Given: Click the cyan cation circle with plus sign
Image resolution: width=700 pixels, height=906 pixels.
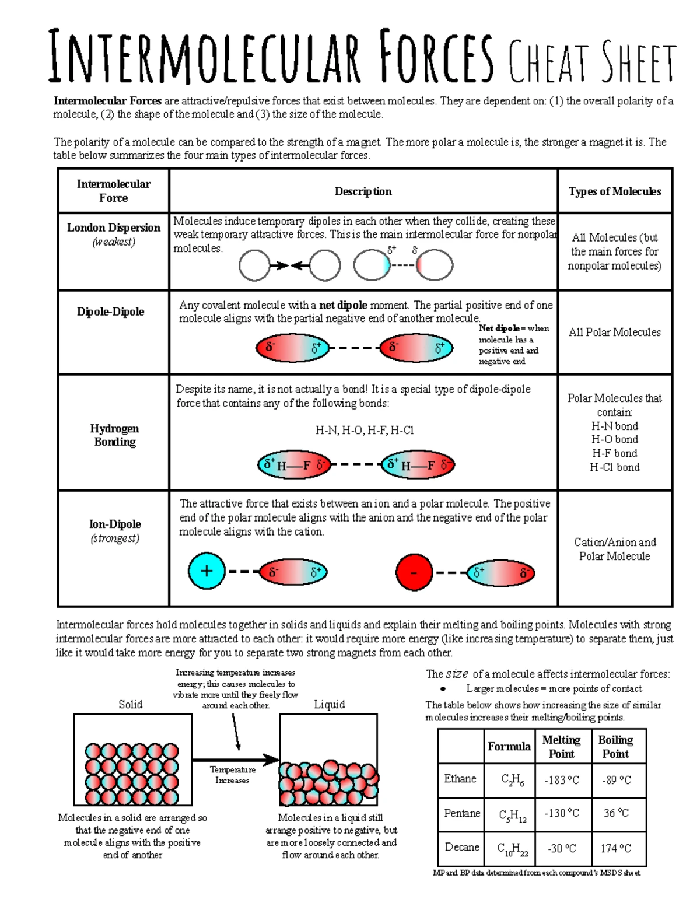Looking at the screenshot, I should point(206,571).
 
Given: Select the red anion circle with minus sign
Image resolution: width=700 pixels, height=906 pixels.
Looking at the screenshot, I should point(414,572).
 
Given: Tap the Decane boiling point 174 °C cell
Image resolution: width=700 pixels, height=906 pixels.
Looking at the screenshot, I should point(616,848).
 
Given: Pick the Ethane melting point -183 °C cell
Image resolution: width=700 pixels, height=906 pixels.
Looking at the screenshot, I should point(562,780).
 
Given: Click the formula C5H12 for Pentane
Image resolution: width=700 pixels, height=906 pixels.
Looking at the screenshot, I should point(512,815).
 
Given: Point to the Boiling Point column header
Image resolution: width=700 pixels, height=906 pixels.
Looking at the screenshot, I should point(615,746).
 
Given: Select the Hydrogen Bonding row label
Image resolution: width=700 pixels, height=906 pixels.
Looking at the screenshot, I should point(114,435).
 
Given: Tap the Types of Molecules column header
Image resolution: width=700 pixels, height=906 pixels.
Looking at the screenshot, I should point(615,191).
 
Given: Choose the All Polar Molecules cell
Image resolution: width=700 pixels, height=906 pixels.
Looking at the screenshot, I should point(615,332).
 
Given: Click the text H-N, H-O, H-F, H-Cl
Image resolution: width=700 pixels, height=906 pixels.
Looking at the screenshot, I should point(364,431).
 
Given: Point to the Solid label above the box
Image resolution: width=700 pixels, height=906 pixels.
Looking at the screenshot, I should point(130,705).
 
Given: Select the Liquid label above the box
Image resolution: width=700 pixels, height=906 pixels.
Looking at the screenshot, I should point(330,705).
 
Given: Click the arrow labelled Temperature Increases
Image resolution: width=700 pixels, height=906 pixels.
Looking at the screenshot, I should point(236,760).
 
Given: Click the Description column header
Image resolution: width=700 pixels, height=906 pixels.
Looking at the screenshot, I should point(363,191).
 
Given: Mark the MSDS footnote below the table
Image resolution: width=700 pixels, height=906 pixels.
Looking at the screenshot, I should point(536,873).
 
